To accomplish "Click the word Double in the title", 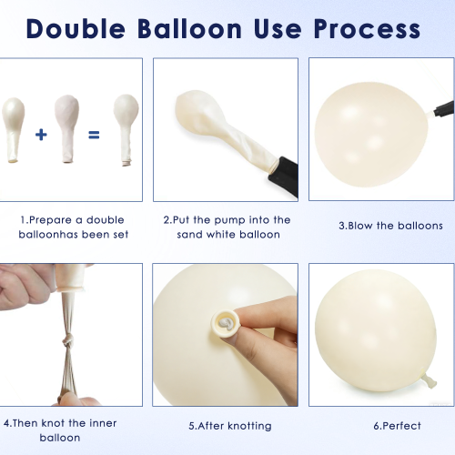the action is click(76, 29).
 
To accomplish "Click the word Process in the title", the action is click(367, 29).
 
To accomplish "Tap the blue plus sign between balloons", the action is click(41, 135).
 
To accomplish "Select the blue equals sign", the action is click(94, 135).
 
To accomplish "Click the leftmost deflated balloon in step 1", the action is click(13, 130).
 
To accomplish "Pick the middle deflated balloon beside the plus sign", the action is click(67, 128).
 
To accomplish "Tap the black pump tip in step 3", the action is click(444, 108).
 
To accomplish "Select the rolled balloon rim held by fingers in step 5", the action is click(226, 324).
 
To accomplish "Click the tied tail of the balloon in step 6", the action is click(429, 379).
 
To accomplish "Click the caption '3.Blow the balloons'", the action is click(390, 226).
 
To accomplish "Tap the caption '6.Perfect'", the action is click(397, 426).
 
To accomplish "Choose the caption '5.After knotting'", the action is click(230, 426).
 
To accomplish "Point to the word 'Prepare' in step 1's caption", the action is click(51, 220).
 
